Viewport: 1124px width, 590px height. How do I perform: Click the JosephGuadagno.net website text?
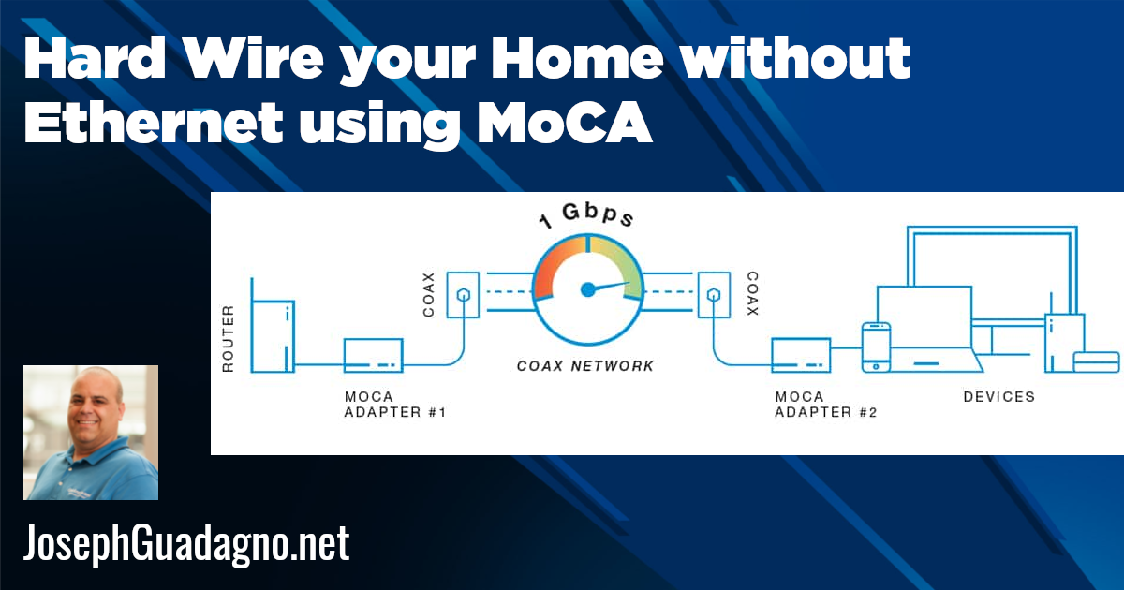click(185, 543)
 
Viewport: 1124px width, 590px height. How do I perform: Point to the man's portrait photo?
click(91, 433)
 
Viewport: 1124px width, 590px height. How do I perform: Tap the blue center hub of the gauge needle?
click(587, 289)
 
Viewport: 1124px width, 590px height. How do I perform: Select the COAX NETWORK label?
click(585, 366)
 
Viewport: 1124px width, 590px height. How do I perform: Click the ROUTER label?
click(228, 338)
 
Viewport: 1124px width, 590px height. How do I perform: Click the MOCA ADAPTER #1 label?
click(394, 405)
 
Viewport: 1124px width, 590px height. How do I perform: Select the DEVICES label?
click(999, 397)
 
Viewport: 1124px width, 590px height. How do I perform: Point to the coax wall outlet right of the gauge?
click(712, 294)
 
